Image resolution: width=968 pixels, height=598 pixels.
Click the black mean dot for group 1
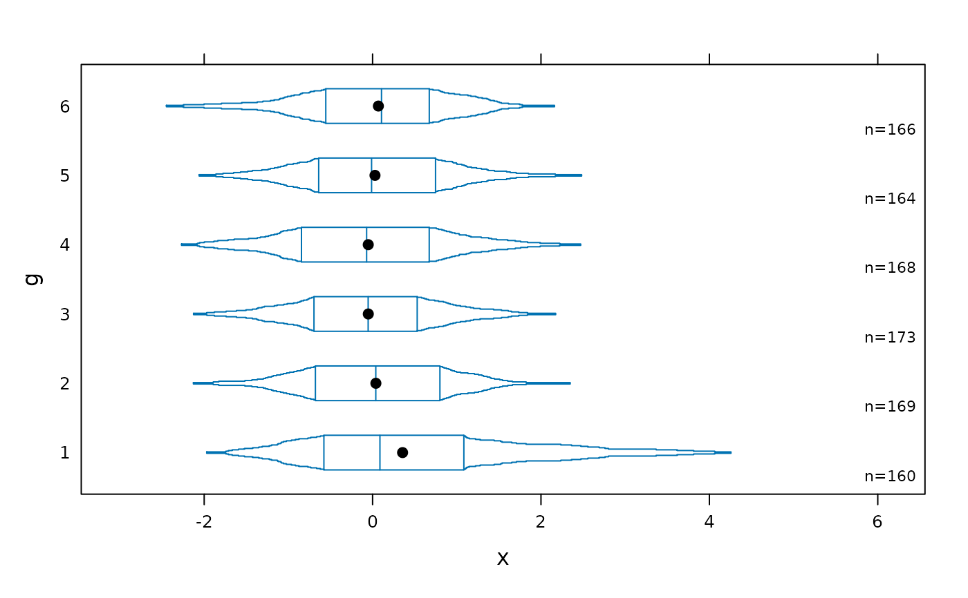tap(402, 452)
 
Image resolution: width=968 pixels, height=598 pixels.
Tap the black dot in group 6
tap(378, 106)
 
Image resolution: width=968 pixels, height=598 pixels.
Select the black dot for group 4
tap(368, 244)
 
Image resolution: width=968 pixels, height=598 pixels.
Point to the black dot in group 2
tap(376, 383)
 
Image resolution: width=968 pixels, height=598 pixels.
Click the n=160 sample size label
tap(890, 476)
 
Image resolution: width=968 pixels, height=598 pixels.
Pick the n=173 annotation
tap(890, 338)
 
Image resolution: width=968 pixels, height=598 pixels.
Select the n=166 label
tap(890, 129)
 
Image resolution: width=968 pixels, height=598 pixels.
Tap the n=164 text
tap(890, 198)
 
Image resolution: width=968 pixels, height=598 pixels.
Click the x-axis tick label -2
tap(204, 522)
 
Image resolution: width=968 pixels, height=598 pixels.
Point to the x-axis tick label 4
tap(709, 522)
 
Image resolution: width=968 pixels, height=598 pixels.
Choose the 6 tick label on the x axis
tap(877, 522)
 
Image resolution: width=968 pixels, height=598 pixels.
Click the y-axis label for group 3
tap(65, 314)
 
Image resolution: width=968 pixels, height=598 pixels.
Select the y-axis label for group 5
tap(65, 175)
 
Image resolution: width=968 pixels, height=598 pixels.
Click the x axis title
tap(503, 559)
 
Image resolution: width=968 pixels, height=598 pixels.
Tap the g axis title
tap(35, 280)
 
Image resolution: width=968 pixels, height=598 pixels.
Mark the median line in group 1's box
tap(380, 452)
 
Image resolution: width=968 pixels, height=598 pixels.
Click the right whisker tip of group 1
tap(731, 452)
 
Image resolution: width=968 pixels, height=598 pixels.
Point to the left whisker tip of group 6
tap(167, 106)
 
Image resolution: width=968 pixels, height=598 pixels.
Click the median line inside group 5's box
tap(372, 175)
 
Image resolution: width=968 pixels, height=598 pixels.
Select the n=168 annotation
tap(890, 268)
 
